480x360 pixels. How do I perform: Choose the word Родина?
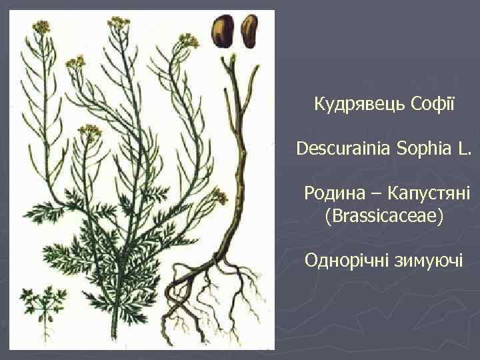(330, 193)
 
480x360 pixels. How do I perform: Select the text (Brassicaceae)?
(383, 217)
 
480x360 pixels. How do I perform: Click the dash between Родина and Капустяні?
(372, 193)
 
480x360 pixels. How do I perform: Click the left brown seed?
(222, 31)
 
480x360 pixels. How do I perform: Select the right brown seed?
(249, 31)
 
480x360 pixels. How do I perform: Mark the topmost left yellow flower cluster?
(41, 27)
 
